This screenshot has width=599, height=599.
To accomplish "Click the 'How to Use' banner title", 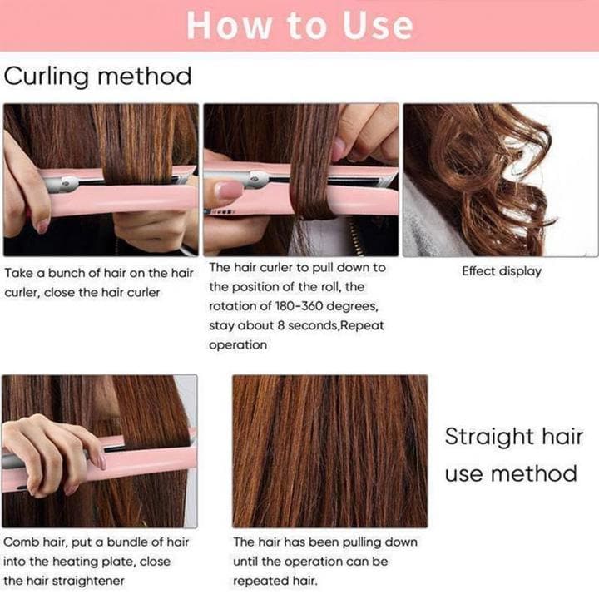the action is pyautogui.click(x=299, y=25).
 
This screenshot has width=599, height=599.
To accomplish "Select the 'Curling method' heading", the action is pyautogui.click(x=98, y=77).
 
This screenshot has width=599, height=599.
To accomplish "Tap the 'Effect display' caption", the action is pyautogui.click(x=502, y=271).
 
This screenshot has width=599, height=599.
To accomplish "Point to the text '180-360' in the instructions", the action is pyautogui.click(x=299, y=306).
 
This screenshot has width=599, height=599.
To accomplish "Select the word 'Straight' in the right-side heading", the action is pyautogui.click(x=485, y=438).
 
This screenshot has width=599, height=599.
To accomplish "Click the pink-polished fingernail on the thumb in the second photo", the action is pyautogui.click(x=229, y=190).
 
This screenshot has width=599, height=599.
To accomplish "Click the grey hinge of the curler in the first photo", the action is pyautogui.click(x=64, y=182).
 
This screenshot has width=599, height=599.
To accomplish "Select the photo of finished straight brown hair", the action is pyautogui.click(x=330, y=451).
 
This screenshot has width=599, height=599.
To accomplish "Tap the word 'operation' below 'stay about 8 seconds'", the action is pyautogui.click(x=238, y=345).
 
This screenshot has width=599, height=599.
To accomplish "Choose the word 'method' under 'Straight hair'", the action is pyautogui.click(x=533, y=473).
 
